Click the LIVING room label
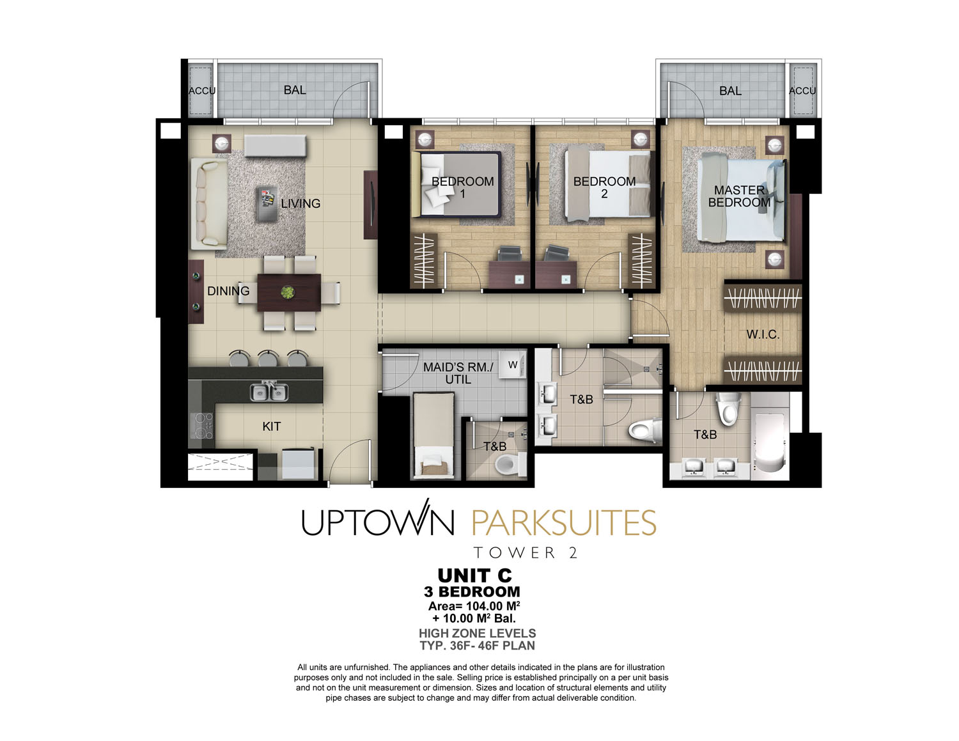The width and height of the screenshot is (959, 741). (x=300, y=203)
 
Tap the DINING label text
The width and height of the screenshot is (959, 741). (x=228, y=291)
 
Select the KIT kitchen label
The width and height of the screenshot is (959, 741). (x=272, y=426)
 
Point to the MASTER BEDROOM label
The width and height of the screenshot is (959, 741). (x=739, y=196)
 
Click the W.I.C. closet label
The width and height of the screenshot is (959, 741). (x=763, y=334)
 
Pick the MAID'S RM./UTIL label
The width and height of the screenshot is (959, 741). (x=458, y=373)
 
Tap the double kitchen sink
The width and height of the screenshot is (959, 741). (x=269, y=391)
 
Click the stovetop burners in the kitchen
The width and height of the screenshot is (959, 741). (x=201, y=426)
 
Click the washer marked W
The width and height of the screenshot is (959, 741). (x=512, y=365)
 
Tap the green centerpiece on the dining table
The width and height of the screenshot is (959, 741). (x=288, y=292)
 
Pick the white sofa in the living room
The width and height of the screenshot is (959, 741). (x=209, y=204)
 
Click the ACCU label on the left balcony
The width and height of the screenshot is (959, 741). (x=202, y=91)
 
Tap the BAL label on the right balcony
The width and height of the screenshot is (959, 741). (x=730, y=91)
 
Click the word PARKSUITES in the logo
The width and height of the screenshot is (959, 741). (x=564, y=523)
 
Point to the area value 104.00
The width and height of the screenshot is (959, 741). (x=484, y=606)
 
